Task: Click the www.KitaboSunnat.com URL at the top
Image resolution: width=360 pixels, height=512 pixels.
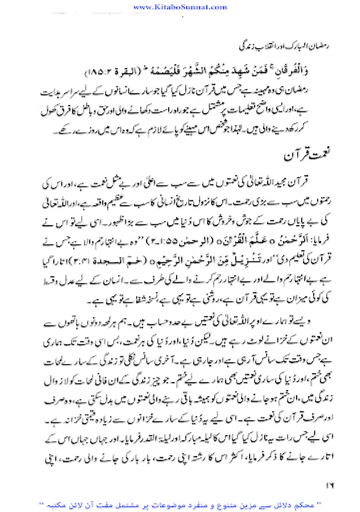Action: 180,6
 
